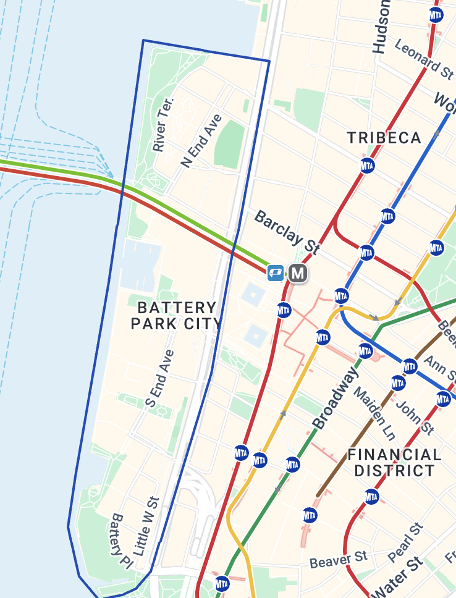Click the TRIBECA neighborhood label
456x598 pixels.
(384, 138)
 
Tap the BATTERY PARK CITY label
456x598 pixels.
(177, 315)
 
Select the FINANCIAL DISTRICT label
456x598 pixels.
(394, 463)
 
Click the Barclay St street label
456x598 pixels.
(287, 232)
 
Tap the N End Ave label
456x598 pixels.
(201, 141)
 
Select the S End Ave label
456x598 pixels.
(159, 378)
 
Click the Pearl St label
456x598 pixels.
(406, 542)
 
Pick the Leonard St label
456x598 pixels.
(423, 59)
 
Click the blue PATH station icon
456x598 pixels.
(276, 272)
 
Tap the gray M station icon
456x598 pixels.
(298, 272)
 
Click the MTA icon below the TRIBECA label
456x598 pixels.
(368, 166)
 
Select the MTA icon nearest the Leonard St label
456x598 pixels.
(436, 15)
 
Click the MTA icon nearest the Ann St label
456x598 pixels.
(410, 366)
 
